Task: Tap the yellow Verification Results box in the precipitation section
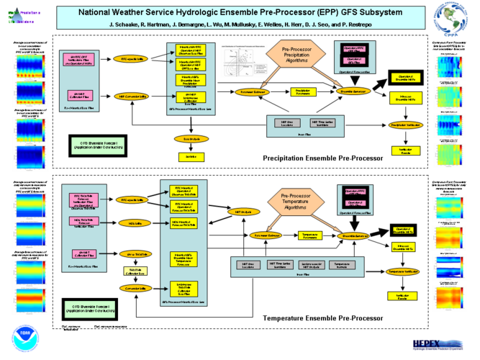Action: pyautogui.click(x=401, y=150)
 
